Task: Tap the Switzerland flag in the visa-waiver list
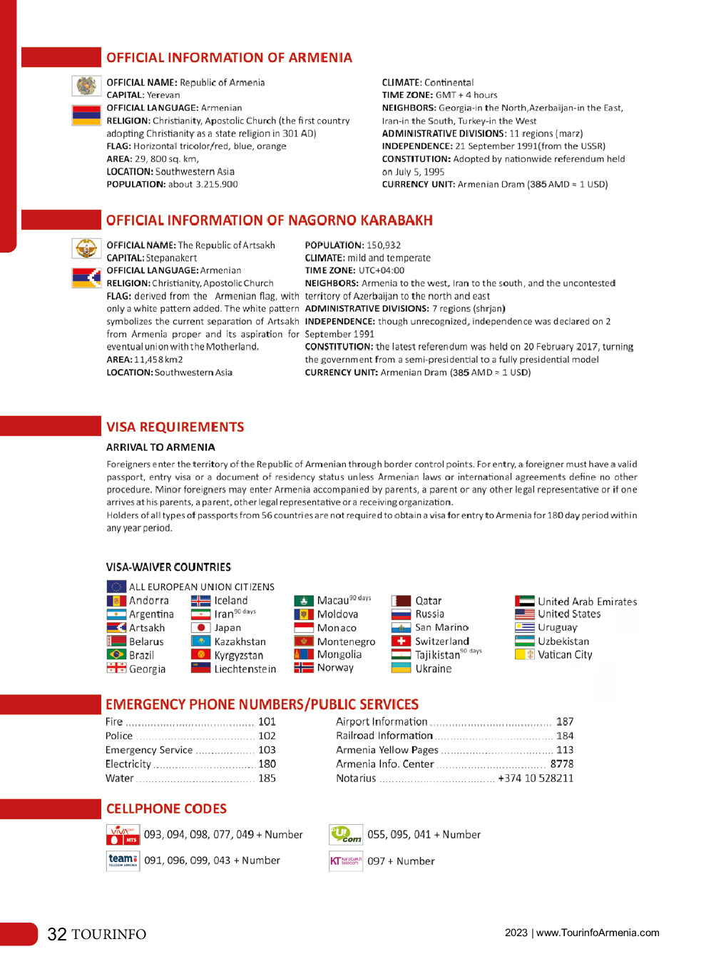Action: [401, 641]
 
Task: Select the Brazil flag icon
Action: [116, 655]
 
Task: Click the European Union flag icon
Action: [116, 587]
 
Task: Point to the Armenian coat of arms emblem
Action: [86, 86]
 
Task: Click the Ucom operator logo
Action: [346, 834]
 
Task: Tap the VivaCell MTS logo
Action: [123, 834]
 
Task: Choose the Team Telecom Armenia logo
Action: [123, 860]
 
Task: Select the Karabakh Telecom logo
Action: [346, 861]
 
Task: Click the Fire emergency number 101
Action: [267, 722]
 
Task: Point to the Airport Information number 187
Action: [565, 722]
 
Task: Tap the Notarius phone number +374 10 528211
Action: [536, 778]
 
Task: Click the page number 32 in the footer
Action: [57, 934]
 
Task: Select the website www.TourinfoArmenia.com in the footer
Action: [598, 933]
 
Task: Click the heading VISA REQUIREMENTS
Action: [175, 427]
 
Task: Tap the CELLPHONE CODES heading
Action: [166, 808]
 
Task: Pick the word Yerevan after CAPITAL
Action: [163, 95]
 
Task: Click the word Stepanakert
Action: [171, 258]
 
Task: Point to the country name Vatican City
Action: [565, 654]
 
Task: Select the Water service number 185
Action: [267, 778]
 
